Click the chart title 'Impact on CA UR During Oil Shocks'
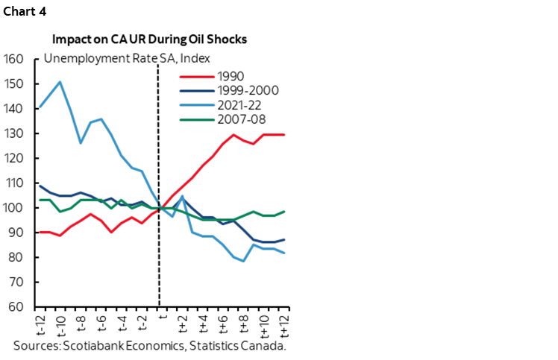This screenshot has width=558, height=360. pos(149,40)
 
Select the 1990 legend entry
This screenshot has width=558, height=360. pos(227,75)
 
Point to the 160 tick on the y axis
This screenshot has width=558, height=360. pos(14,59)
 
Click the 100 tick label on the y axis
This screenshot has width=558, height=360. pos(14,208)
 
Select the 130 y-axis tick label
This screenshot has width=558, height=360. pos(14,133)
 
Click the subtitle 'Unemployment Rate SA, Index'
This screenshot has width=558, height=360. pos(128,59)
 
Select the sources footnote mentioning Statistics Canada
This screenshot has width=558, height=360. pos(149,346)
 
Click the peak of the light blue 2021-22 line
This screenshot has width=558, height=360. pos(60,82)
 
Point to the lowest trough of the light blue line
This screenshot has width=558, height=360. pos(245,261)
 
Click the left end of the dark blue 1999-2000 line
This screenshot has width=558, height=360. pos(39,186)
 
